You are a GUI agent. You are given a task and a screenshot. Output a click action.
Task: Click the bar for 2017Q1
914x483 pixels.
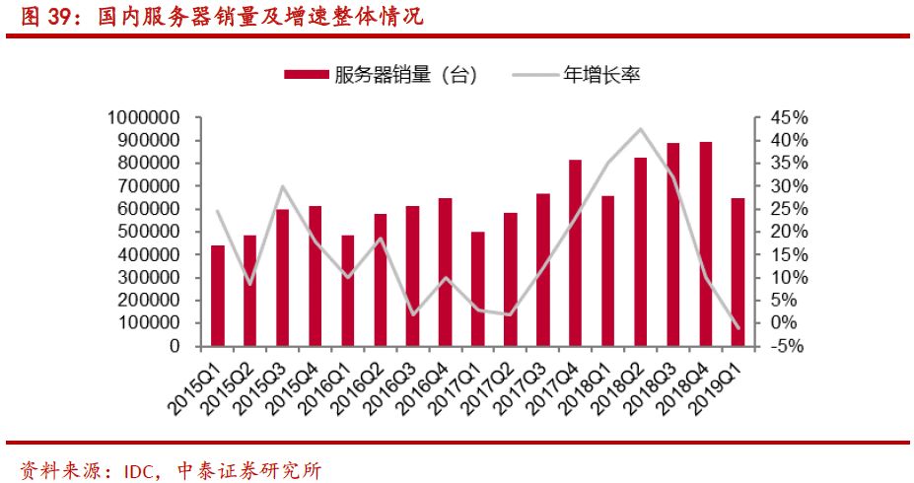pyautogui.click(x=477, y=289)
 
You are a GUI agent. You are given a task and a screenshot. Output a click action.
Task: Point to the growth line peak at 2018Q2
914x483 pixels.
pyautogui.click(x=641, y=129)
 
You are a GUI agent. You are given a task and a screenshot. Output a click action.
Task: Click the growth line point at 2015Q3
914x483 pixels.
pyautogui.click(x=282, y=186)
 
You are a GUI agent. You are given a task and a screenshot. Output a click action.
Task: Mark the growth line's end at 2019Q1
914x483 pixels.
pyautogui.click(x=738, y=327)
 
